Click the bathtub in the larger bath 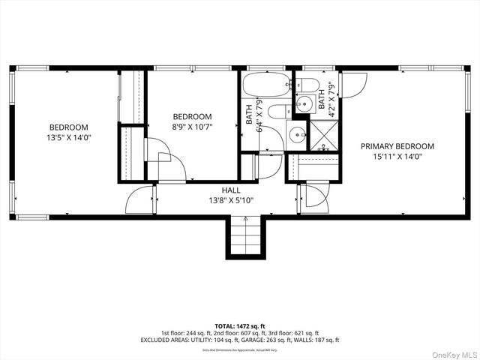click(x=266, y=85)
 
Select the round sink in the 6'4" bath click(x=297, y=136)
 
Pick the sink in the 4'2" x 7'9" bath click(x=304, y=103)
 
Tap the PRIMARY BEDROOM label click(x=397, y=146)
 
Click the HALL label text click(x=231, y=190)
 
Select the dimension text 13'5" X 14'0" click(x=68, y=138)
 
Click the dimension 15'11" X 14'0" click(x=397, y=157)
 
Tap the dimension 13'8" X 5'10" click(x=231, y=201)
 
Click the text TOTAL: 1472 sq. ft click(x=239, y=325)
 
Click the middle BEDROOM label click(x=192, y=117)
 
